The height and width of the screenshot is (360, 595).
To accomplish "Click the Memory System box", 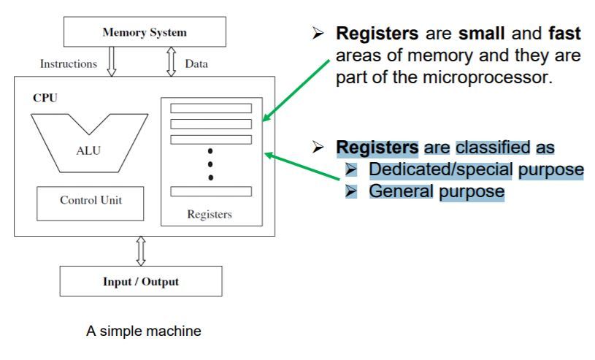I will [145, 32].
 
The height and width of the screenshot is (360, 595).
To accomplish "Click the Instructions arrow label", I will [69, 64].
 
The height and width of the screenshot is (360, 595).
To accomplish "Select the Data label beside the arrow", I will [196, 64].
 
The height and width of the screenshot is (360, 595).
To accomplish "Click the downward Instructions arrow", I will [112, 63].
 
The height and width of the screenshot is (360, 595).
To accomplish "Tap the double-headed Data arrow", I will [172, 63].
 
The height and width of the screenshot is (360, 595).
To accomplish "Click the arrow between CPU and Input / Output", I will [142, 250].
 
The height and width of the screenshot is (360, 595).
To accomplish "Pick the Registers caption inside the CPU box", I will [210, 214].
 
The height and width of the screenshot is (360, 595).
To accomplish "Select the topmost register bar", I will [210, 108].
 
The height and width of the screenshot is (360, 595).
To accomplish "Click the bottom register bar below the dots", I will [210, 191].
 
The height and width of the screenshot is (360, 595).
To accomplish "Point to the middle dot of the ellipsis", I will [210, 164].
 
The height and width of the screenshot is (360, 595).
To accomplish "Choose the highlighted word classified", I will [494, 147].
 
